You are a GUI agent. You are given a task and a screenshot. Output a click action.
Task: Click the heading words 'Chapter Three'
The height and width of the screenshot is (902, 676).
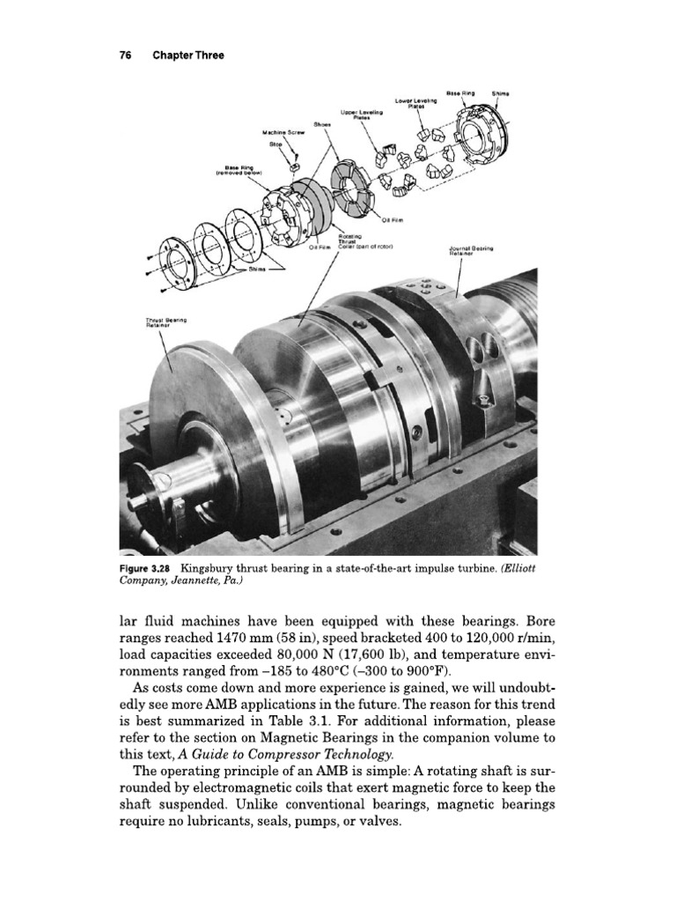188,55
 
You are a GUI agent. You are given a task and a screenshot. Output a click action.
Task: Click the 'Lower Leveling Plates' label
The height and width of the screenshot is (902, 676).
410,102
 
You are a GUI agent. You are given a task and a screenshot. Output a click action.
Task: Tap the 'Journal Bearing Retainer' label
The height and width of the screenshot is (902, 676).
471,250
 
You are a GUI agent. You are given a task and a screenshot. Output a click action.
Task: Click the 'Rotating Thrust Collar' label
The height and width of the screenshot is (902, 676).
349,243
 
